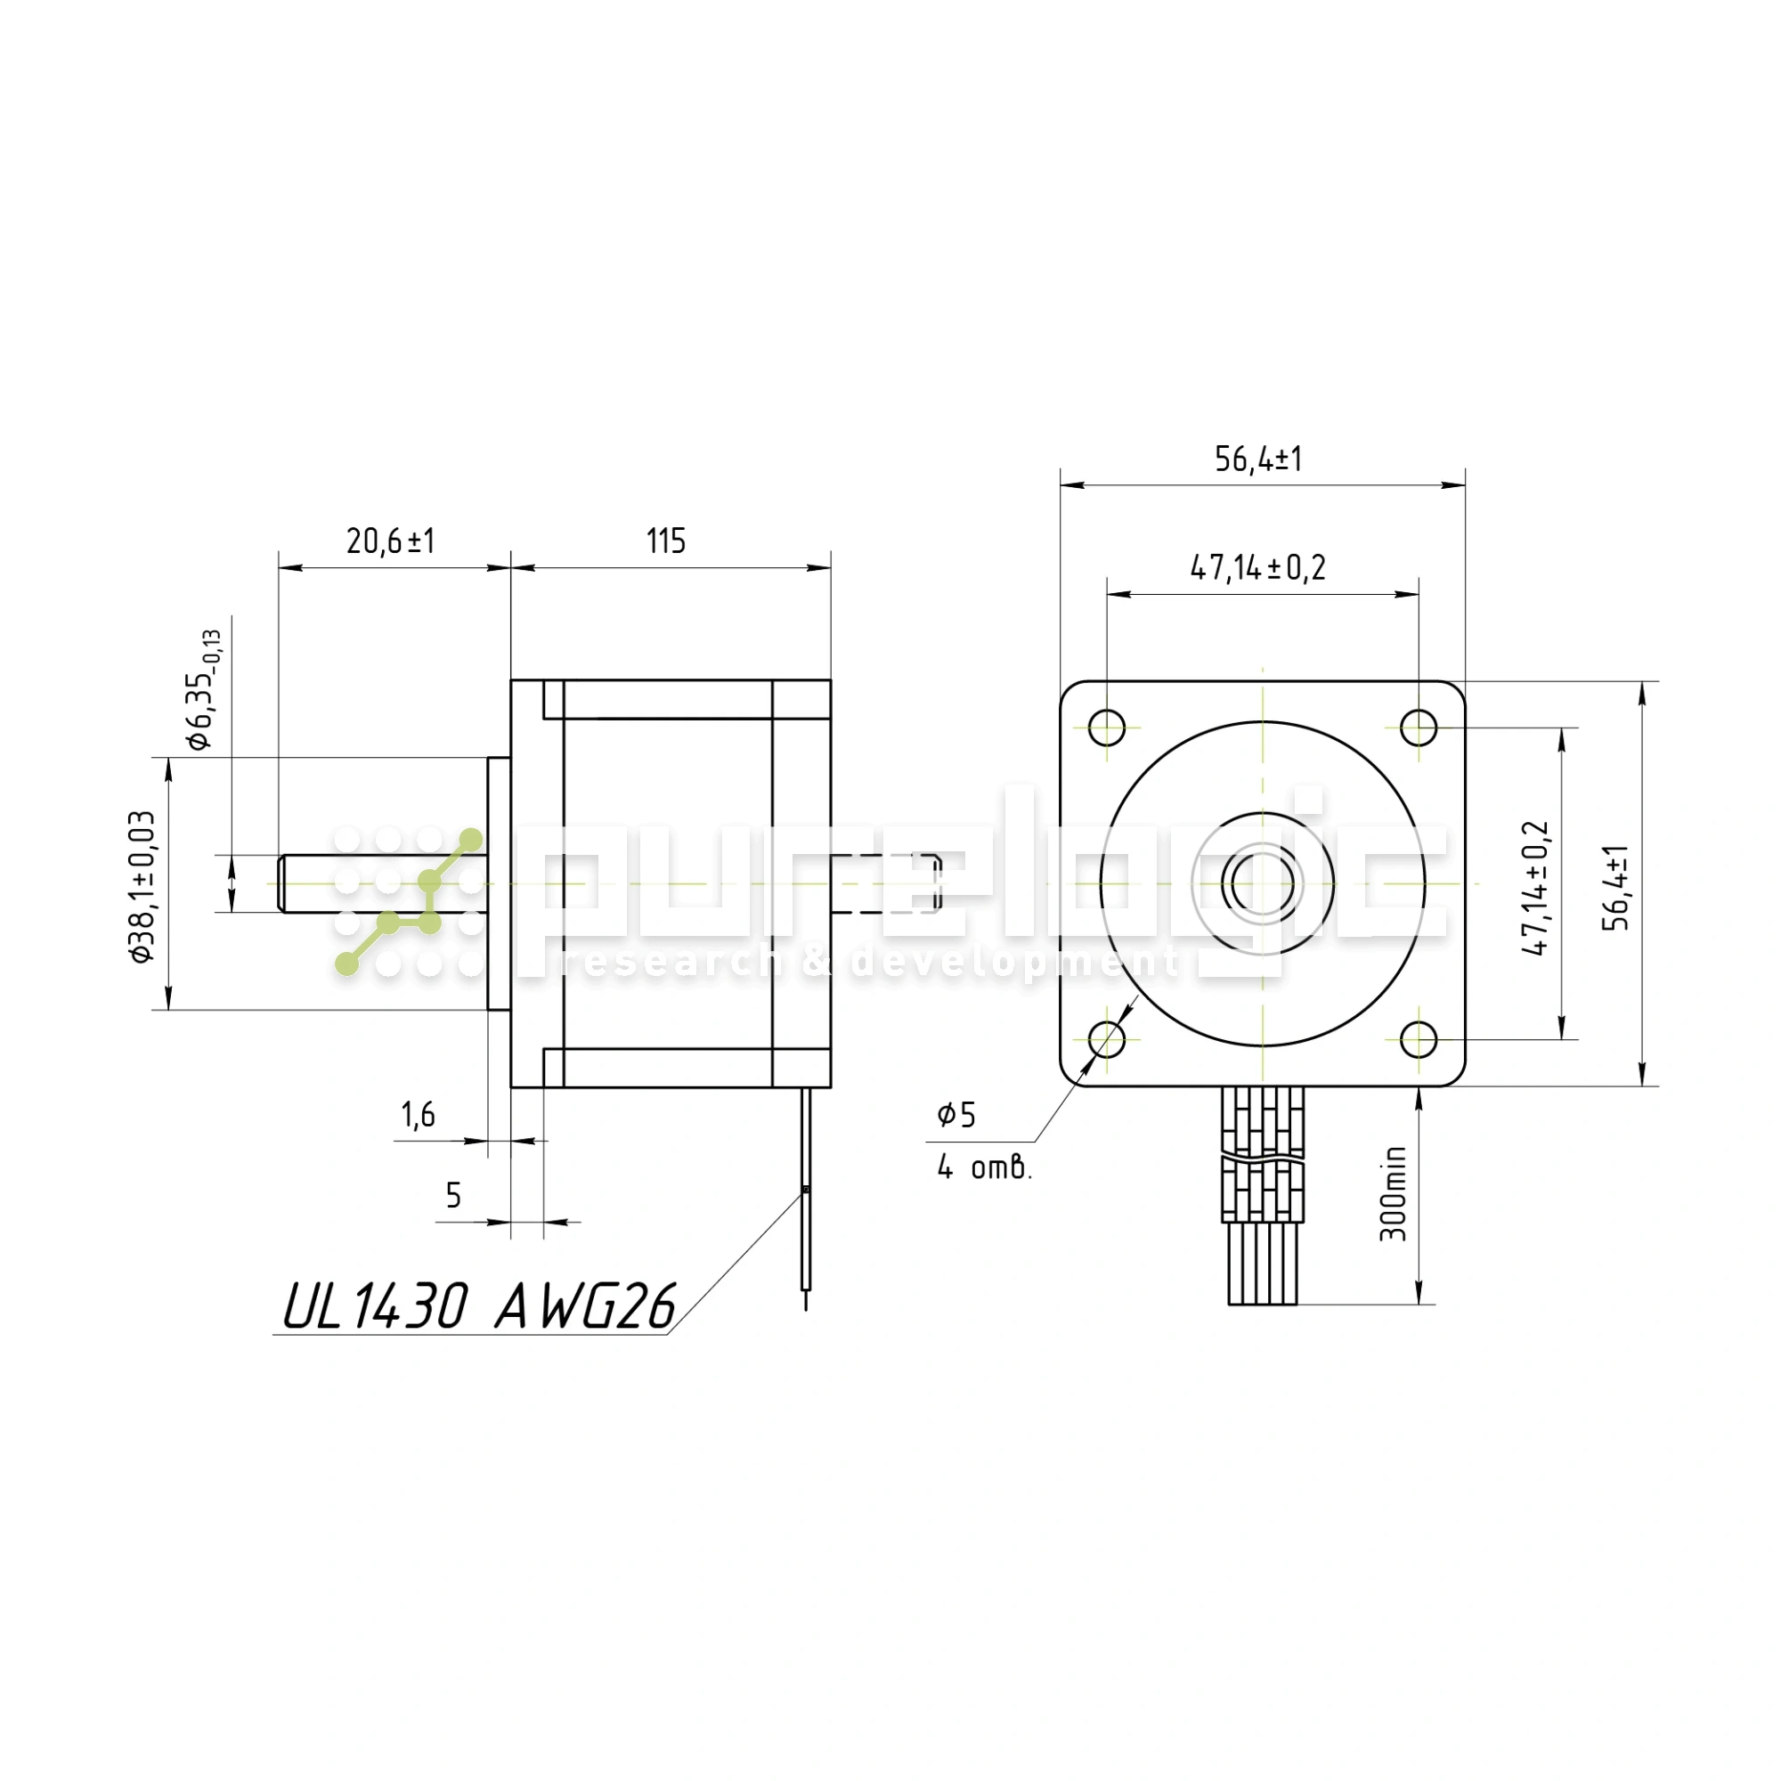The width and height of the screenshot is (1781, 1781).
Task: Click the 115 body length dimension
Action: pyautogui.click(x=665, y=541)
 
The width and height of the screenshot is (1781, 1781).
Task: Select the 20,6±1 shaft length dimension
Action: pyautogui.click(x=390, y=541)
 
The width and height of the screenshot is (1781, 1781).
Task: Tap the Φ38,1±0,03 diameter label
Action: pyautogui.click(x=142, y=887)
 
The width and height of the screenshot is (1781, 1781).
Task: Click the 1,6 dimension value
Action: pyautogui.click(x=418, y=1116)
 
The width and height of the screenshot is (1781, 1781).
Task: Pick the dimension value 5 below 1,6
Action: pyautogui.click(x=452, y=1196)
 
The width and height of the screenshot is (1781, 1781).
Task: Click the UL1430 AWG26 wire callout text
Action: pyautogui.click(x=478, y=1306)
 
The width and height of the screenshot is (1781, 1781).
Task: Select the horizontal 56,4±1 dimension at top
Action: pyautogui.click(x=1258, y=459)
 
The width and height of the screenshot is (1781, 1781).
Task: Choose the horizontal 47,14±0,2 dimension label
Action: pyautogui.click(x=1258, y=568)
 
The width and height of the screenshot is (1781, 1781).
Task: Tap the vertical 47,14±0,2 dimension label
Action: pyautogui.click(x=1537, y=888)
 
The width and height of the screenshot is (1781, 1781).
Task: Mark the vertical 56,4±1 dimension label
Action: pyautogui.click(x=1617, y=888)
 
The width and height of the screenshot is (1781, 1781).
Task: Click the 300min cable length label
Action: pyautogui.click(x=1393, y=1193)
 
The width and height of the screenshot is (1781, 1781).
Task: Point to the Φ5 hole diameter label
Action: pyautogui.click(x=956, y=1116)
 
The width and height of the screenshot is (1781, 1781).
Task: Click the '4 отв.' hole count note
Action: pyautogui.click(x=985, y=1168)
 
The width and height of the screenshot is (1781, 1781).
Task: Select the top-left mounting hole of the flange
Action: pyautogui.click(x=1107, y=728)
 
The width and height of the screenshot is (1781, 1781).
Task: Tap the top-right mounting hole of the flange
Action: pyautogui.click(x=1419, y=728)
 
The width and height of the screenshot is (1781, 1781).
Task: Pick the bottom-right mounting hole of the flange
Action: pyautogui.click(x=1419, y=1040)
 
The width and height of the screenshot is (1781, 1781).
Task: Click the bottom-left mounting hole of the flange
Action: pyautogui.click(x=1107, y=1040)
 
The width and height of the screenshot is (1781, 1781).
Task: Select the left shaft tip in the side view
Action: pyautogui.click(x=280, y=884)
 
